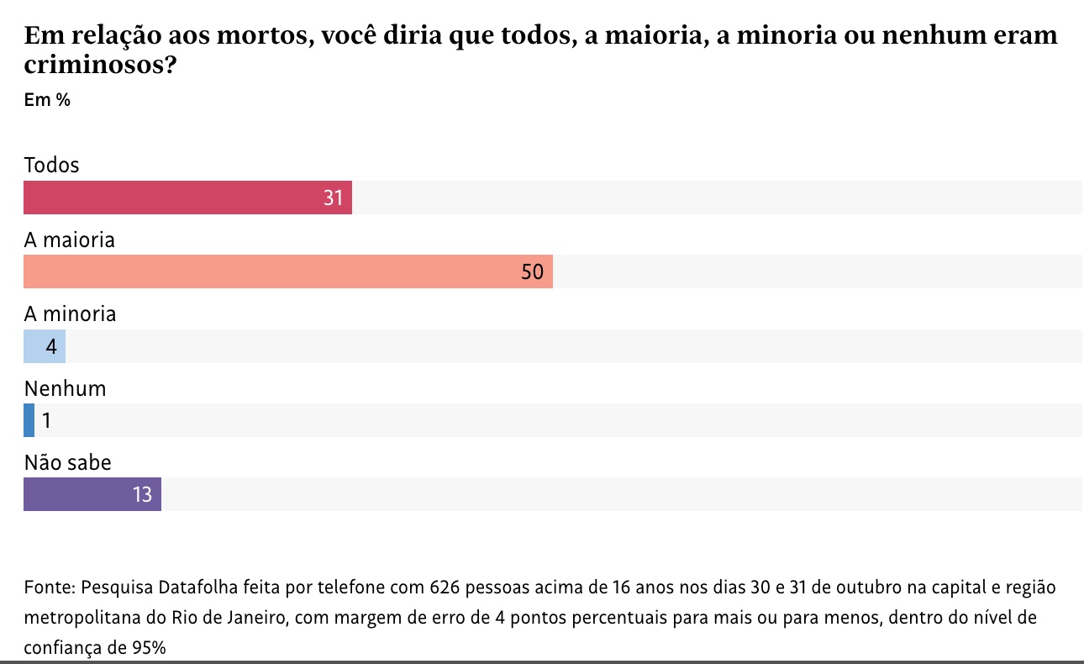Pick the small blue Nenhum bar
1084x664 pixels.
[x=29, y=420]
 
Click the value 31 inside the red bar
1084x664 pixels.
[x=334, y=198]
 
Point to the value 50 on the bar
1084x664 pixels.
[x=533, y=272]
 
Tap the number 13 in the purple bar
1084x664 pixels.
[x=142, y=495]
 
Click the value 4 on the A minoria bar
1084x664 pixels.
[x=51, y=346]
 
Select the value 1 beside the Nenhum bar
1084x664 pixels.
[x=47, y=420]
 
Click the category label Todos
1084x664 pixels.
[x=51, y=165]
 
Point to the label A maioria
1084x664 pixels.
[x=69, y=240]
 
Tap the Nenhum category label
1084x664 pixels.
[x=65, y=388]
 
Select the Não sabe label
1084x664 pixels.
[x=67, y=462]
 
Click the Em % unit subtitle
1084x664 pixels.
[x=47, y=100]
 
